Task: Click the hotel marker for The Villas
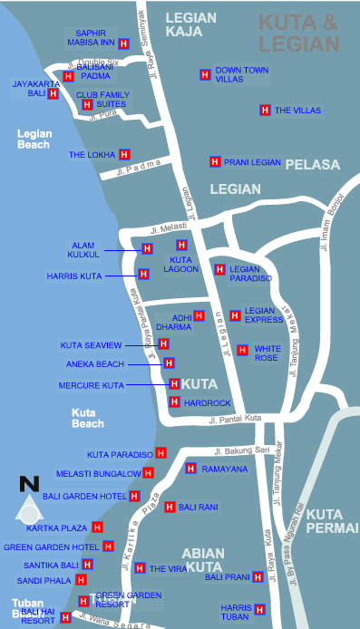pyautogui.click(x=265, y=111)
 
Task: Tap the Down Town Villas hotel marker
pyautogui.click(x=204, y=73)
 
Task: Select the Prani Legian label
pyautogui.click(x=253, y=162)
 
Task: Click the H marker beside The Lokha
pyautogui.click(x=125, y=154)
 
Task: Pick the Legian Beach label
pyautogui.click(x=34, y=139)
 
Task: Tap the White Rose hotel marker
pyautogui.click(x=242, y=349)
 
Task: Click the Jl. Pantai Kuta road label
pyautogui.click(x=234, y=419)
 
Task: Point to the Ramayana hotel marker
pyautogui.click(x=191, y=468)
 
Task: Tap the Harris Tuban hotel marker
pyautogui.click(x=259, y=608)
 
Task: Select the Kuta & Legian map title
pyautogui.click(x=299, y=33)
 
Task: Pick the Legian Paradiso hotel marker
pyautogui.click(x=219, y=269)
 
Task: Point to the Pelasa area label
pyautogui.click(x=312, y=165)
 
